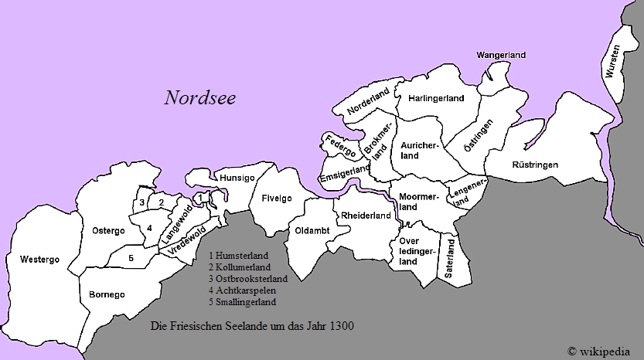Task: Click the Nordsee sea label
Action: coord(199,98)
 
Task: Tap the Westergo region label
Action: coord(39,260)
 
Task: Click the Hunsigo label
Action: coord(237,178)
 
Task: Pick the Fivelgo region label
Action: coord(276,199)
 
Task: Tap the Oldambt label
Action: coord(311,230)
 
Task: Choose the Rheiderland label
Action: coord(366,216)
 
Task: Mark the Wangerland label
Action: coord(501,55)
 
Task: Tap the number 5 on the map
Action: coord(131,258)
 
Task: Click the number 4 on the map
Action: coord(148,228)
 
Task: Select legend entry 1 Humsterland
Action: coord(238,255)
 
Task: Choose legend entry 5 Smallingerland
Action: coord(242,301)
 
